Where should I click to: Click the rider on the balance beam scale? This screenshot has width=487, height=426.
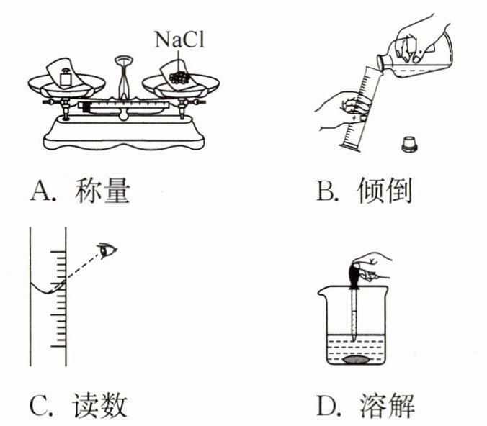[x=86, y=108]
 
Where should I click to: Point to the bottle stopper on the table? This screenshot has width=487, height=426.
[x=408, y=142]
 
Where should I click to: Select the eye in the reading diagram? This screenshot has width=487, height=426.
[x=108, y=250]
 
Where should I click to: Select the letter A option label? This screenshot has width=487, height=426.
[x=39, y=192]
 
